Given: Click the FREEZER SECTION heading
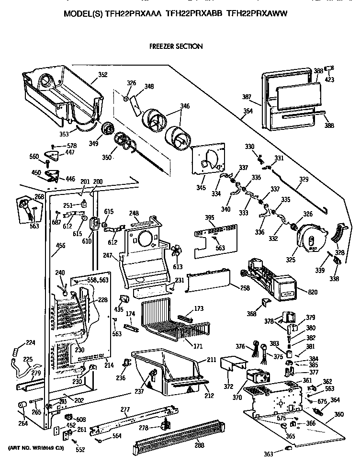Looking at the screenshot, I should pyautogui.click(x=176, y=46).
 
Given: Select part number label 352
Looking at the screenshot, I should pyautogui.click(x=102, y=74).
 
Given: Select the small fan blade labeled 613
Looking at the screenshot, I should pyautogui.click(x=177, y=252).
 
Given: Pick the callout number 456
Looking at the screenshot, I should pyautogui.click(x=61, y=246).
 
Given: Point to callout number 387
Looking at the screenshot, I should pyautogui.click(x=247, y=97).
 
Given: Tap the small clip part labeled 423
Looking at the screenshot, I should pyautogui.click(x=329, y=68).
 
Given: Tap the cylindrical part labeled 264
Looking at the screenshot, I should pyautogui.click(x=22, y=406).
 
